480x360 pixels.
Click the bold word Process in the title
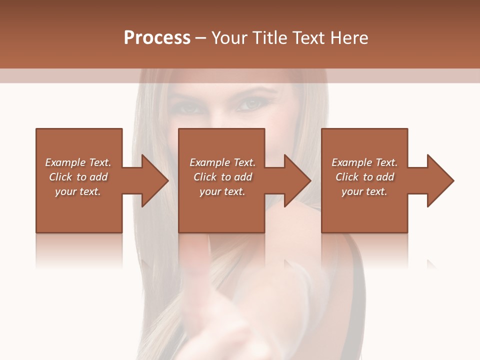[x=157, y=38]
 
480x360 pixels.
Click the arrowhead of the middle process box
[x=297, y=180]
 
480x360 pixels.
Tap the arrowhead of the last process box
[x=440, y=180]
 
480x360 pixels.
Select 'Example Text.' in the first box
[x=78, y=162]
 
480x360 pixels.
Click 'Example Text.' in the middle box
[x=222, y=162]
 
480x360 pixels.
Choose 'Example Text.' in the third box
[x=364, y=162]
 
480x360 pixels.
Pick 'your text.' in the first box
[x=78, y=191]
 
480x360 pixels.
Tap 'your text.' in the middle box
[x=222, y=191]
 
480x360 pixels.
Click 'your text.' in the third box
[x=364, y=191]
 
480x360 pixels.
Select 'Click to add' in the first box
[x=78, y=177]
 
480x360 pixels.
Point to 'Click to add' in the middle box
[x=222, y=177]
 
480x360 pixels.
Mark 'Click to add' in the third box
[x=364, y=177]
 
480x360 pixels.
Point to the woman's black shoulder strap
[x=356, y=280]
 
